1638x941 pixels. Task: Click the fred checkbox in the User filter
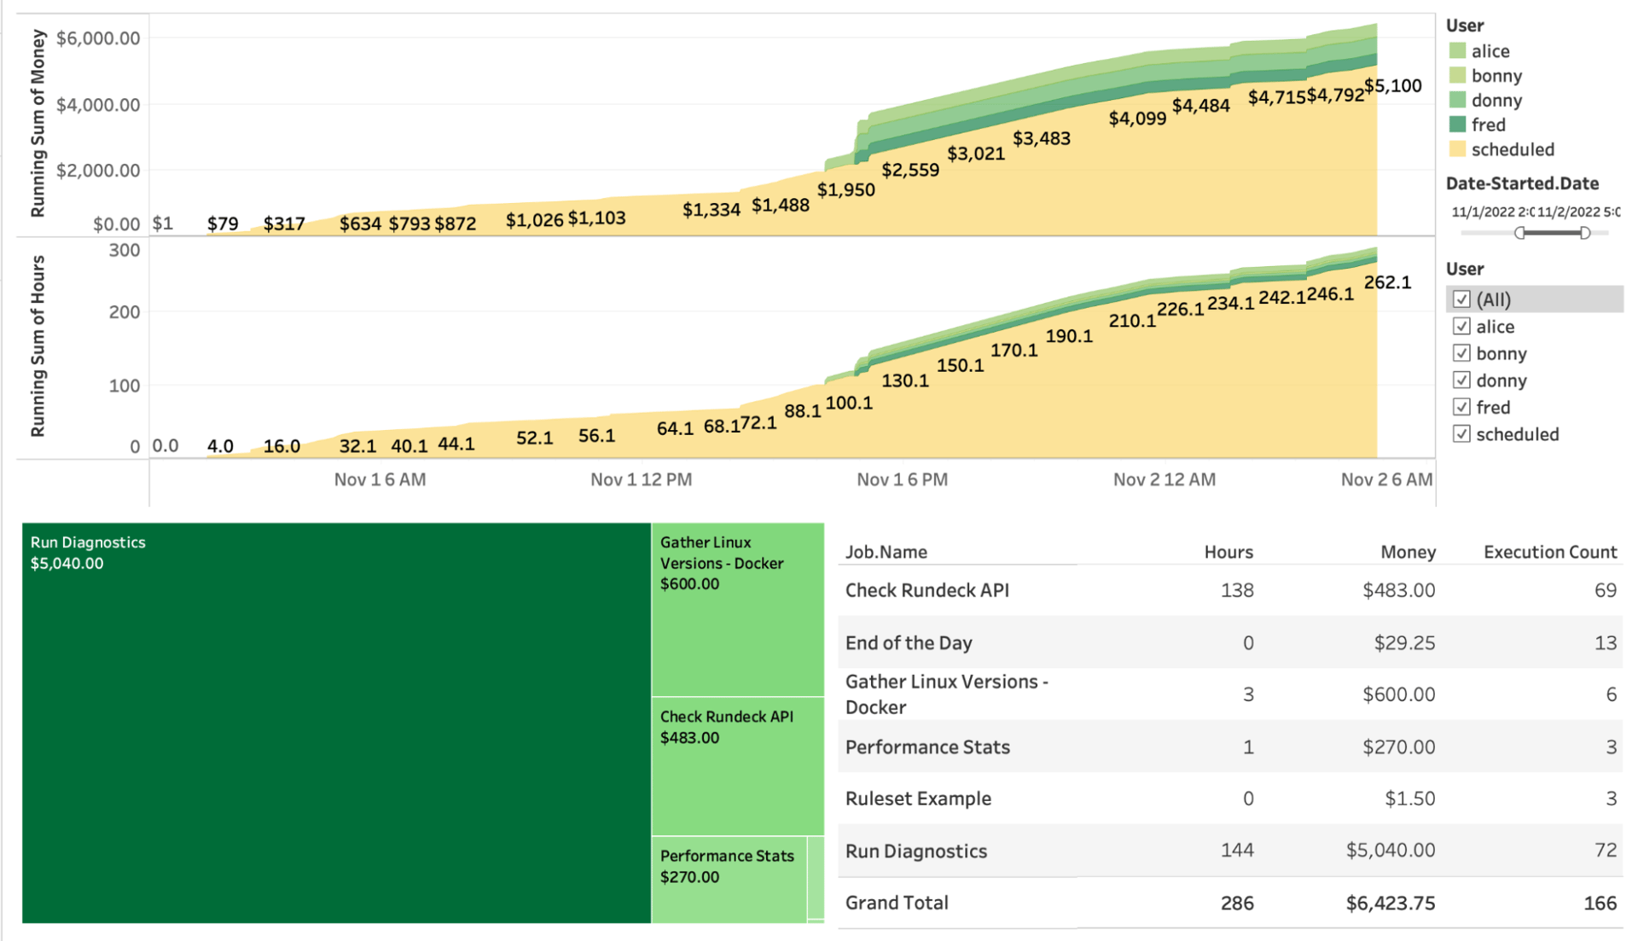1461,407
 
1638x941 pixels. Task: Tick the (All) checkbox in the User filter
1461,299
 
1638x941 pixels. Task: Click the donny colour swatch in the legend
1457,101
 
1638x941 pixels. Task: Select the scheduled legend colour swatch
1457,149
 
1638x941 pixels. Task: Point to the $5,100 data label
1392,86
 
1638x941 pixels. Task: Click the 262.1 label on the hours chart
1387,282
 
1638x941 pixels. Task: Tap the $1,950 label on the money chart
845,190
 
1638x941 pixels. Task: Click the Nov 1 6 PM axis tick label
902,479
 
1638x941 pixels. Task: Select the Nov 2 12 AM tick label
1164,479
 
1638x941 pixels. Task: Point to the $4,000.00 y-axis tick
98,105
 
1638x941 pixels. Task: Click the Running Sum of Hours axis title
38,346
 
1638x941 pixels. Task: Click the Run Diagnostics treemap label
88,543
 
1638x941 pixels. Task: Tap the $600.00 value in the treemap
689,584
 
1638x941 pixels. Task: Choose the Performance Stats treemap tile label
727,856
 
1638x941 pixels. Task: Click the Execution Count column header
1549,552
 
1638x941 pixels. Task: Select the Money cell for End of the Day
1403,643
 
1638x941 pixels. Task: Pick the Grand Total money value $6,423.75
1390,903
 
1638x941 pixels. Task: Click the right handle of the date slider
1584,233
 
